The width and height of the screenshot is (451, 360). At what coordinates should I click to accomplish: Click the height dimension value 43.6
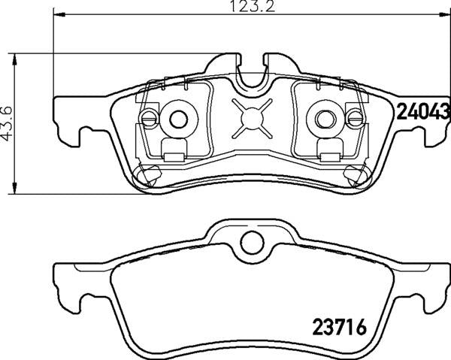[x=7, y=123]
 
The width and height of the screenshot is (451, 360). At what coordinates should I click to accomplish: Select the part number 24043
[x=422, y=112]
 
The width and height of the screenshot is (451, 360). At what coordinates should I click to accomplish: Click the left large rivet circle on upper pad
[x=177, y=117]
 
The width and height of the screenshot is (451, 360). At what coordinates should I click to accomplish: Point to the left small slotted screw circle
[x=150, y=117]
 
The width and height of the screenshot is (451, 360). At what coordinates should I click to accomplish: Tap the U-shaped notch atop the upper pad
[x=251, y=72]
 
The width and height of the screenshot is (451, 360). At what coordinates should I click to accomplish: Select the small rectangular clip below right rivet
[x=328, y=156]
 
